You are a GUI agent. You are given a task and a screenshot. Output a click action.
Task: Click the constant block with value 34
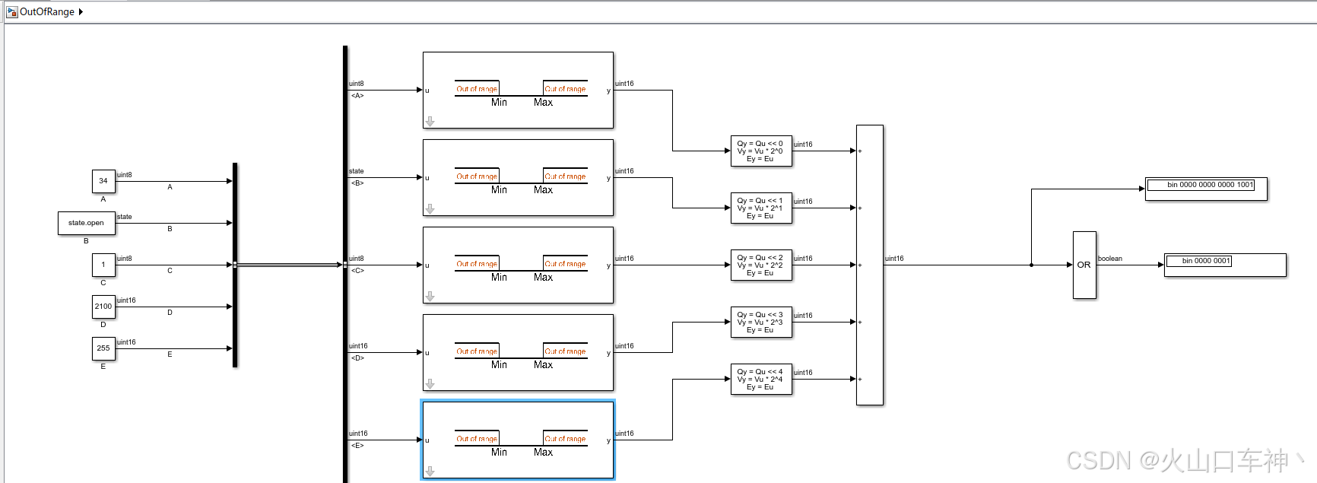coord(103,181)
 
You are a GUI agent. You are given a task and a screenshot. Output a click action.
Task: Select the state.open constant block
coord(86,223)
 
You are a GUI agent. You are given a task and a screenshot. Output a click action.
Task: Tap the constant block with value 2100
coord(103,307)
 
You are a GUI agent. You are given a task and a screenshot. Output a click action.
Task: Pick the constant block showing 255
coord(103,348)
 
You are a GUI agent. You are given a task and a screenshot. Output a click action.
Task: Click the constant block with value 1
coord(103,265)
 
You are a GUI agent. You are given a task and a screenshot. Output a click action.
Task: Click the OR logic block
coord(1084,265)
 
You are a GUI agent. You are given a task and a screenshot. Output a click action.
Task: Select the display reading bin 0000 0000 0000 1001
coord(1206,188)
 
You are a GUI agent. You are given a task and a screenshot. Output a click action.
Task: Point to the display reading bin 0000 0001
coord(1224,264)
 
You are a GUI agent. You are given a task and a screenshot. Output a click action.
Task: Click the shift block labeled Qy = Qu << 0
coord(760,151)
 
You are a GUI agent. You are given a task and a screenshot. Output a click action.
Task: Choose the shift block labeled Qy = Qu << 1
coord(760,208)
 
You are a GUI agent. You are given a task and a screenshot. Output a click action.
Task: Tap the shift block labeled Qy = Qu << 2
coord(760,265)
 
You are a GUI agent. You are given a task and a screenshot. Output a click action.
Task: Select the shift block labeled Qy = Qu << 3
coord(760,322)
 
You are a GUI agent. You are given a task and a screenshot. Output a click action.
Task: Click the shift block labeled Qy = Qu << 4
coord(760,379)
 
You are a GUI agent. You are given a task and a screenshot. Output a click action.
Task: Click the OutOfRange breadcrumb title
coord(46,11)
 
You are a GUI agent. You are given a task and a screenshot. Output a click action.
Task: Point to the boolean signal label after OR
coord(1110,259)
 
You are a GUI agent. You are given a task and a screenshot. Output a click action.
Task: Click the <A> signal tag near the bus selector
coord(357,96)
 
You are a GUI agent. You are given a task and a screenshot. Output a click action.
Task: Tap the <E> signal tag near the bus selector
coord(357,446)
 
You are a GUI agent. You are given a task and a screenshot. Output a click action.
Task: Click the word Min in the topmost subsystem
coord(499,103)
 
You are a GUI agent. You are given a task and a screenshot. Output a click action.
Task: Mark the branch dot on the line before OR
coord(1031,265)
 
